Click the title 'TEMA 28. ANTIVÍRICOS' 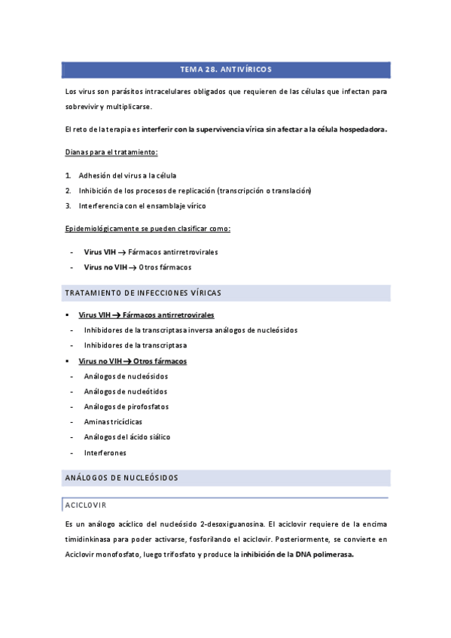[x=226, y=70]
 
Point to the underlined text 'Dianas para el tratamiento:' [x=111, y=153]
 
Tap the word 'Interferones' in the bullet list [x=105, y=453]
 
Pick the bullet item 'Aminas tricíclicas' [x=113, y=422]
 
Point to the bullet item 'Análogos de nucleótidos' [x=125, y=391]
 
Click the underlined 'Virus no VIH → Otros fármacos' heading [x=133, y=361]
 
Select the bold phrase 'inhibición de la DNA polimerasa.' [x=297, y=554]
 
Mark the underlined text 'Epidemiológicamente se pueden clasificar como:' [x=148, y=228]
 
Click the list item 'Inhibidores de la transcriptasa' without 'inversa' [x=136, y=345]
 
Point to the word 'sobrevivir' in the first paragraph [x=83, y=107]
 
